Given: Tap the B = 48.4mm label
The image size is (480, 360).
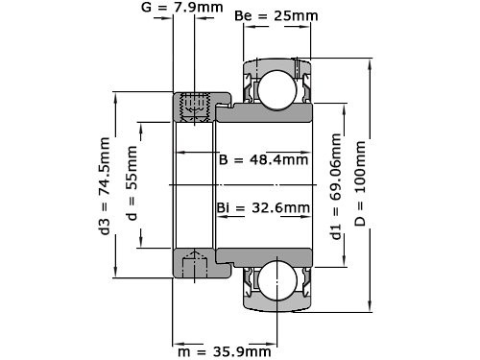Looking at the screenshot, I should coord(264,158).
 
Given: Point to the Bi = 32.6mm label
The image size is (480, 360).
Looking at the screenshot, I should coord(263,207).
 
